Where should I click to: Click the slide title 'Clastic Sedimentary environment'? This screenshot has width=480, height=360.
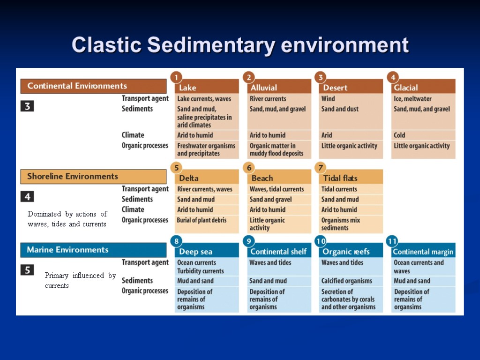(240, 45)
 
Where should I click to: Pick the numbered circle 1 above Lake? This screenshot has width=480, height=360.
(176, 77)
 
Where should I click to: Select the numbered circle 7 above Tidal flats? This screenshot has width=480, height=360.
(321, 167)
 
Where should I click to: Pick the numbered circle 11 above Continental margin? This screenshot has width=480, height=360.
(392, 241)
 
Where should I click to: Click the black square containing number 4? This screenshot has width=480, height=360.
(27, 196)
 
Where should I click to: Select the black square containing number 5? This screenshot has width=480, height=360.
(27, 270)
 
